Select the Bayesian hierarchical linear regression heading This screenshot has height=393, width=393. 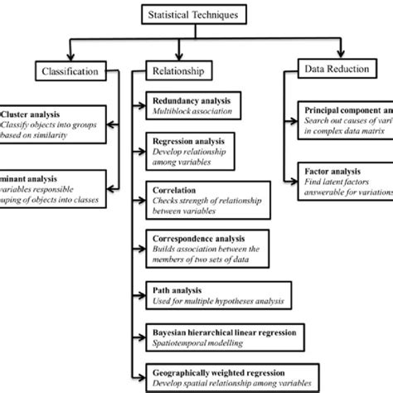coord(219,329)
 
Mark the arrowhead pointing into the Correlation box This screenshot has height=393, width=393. coord(142,194)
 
